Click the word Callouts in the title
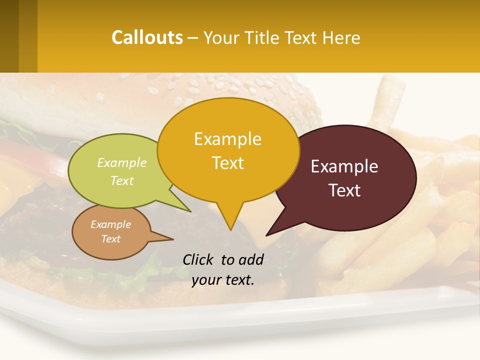(147, 37)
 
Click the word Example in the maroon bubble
(344, 166)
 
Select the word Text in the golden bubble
(228, 163)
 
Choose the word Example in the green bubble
(122, 162)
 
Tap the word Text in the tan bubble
(110, 239)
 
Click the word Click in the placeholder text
(198, 259)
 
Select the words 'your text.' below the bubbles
(223, 280)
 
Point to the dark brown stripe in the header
(9, 36)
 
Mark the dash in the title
(193, 38)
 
